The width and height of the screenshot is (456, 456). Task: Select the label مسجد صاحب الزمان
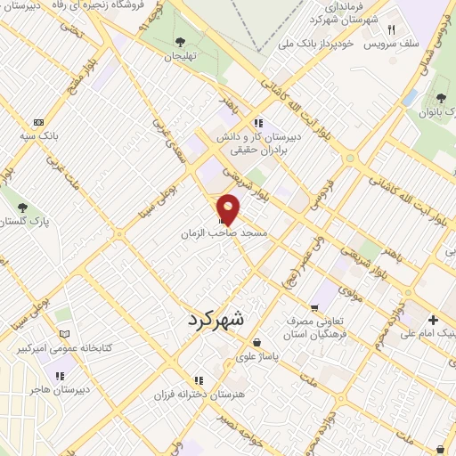tap(225, 232)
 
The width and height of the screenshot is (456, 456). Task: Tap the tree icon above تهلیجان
tap(181, 41)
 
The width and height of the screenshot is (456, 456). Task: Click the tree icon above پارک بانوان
tap(443, 98)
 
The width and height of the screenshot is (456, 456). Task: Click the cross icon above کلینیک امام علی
tap(433, 320)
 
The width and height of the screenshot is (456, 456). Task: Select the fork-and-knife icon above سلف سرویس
tap(403, 28)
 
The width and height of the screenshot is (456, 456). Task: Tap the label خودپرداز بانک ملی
tap(320, 42)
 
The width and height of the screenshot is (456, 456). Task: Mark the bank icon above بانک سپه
tap(37, 122)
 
